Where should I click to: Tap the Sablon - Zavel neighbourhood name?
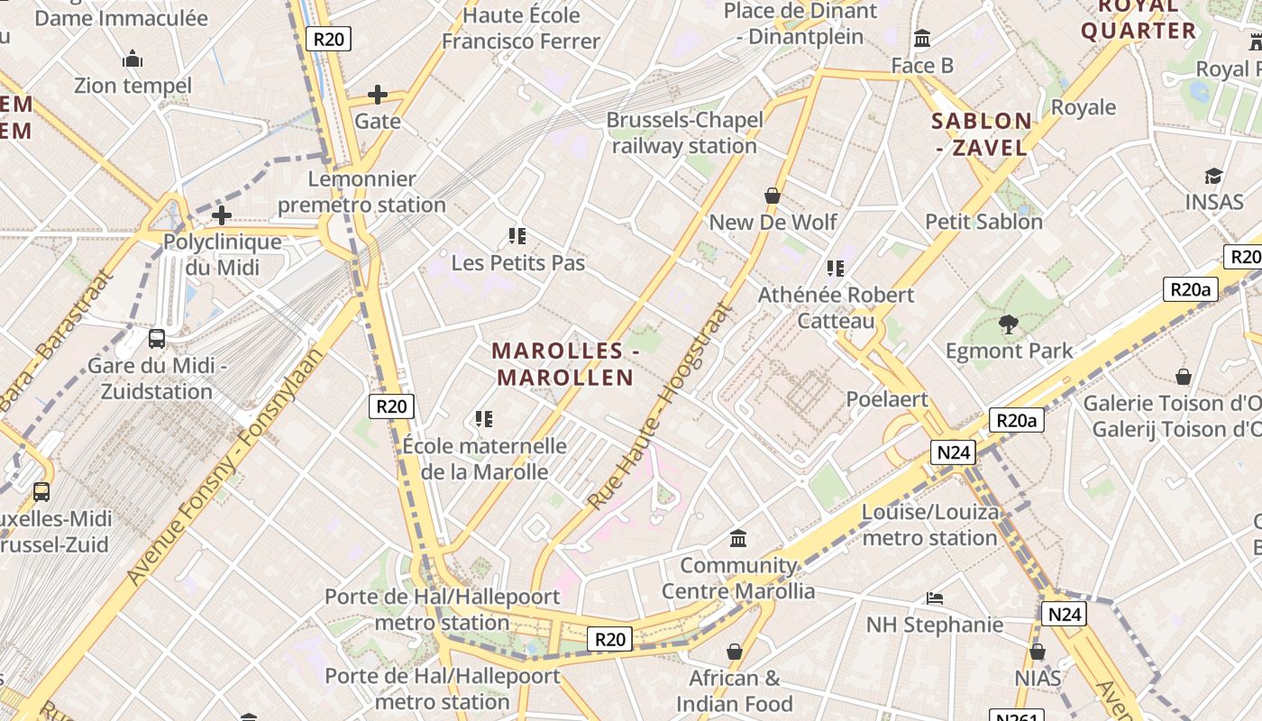(x=981, y=134)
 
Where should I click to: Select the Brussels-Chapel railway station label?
(x=684, y=132)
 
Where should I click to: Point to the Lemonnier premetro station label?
(x=361, y=192)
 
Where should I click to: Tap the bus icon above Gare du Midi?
(x=157, y=339)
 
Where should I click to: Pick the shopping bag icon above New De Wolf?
(x=773, y=196)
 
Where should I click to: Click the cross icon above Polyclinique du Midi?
(x=222, y=215)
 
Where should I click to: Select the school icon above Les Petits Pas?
(x=517, y=236)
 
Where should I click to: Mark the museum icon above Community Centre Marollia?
(x=738, y=539)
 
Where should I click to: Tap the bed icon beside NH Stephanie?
(x=935, y=598)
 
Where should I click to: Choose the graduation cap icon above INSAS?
(x=1213, y=176)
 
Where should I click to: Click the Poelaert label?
(x=887, y=398)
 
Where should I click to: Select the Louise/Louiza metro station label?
(x=930, y=525)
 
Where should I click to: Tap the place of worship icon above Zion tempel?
(x=133, y=59)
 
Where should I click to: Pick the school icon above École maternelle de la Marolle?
(x=484, y=419)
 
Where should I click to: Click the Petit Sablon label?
(x=983, y=222)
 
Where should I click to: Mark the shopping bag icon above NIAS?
(x=1038, y=652)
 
